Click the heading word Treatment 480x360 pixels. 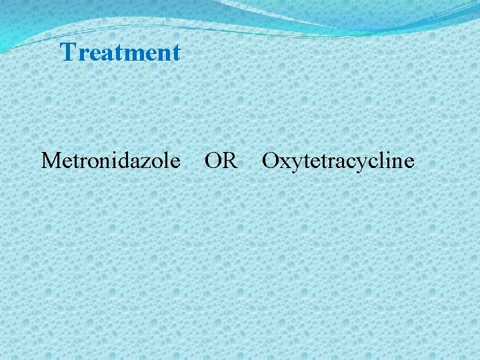pos(120,52)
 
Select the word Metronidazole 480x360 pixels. pos(111,161)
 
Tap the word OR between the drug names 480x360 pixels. pos(221,161)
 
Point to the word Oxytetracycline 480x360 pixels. pos(338,161)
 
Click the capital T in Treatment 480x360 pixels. pos(68,52)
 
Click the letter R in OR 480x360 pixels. pos(229,161)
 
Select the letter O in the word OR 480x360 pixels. pos(213,161)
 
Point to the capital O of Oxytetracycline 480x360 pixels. pos(270,161)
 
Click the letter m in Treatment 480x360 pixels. pos(136,54)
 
